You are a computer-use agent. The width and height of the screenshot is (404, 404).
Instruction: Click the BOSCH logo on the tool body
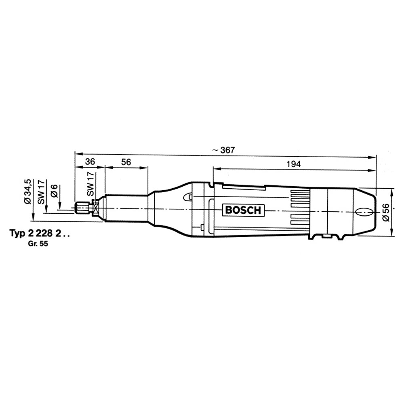point(243,210)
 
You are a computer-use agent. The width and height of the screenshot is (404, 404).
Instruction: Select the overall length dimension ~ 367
point(224,150)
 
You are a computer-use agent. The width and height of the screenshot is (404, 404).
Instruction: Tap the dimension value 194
point(293,164)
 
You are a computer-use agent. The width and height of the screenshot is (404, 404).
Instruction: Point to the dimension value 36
point(90,162)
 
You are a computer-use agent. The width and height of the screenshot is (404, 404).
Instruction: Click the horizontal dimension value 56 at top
point(126,162)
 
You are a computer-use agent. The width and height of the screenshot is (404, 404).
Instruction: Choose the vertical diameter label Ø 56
point(386,213)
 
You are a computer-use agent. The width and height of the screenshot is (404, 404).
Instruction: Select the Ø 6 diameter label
point(55,191)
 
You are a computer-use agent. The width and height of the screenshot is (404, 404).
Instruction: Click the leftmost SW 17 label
point(41,192)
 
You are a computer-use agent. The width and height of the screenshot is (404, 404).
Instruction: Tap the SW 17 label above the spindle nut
point(90,185)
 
